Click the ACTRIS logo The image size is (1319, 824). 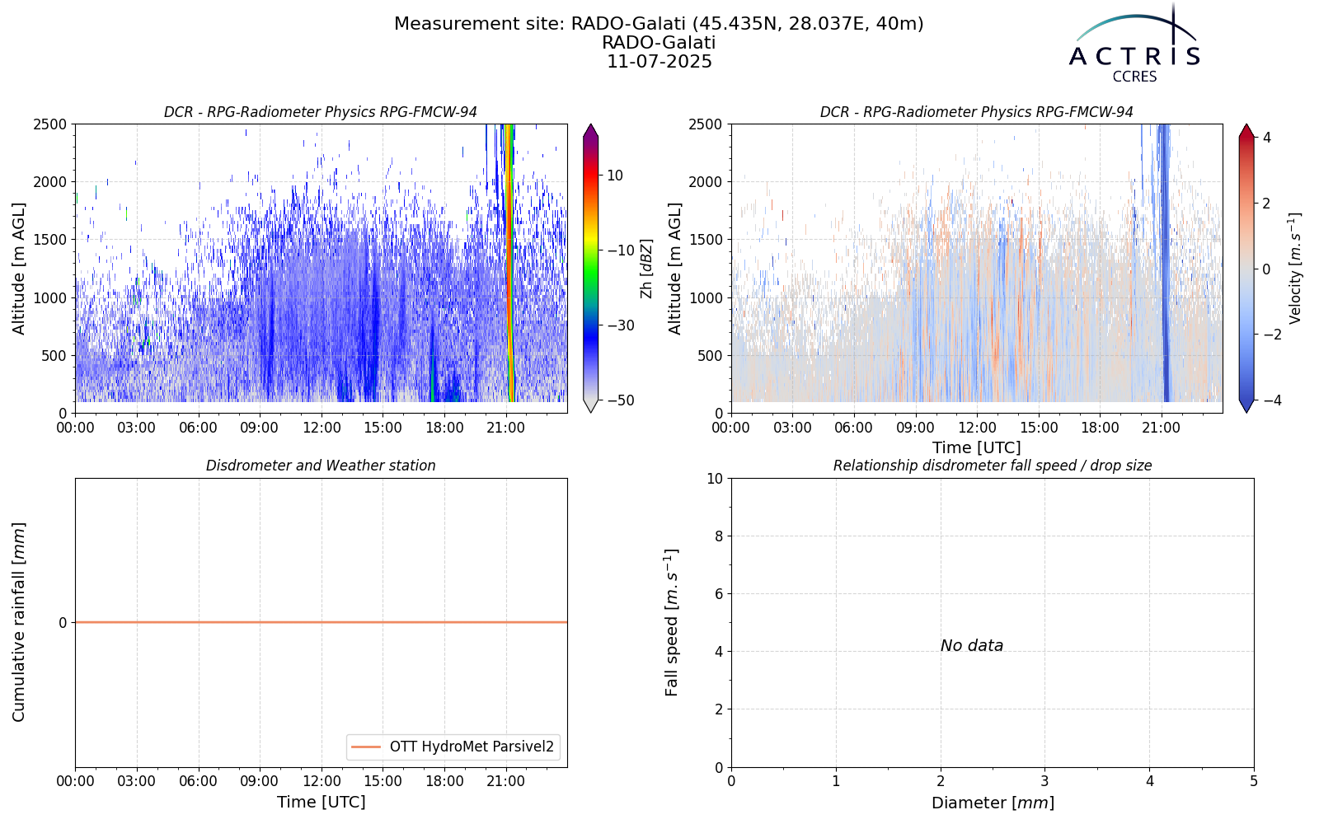tap(1134, 44)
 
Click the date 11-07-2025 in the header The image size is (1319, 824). tap(659, 62)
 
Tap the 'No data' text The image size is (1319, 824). tap(972, 646)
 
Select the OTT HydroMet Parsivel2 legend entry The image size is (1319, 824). tap(453, 747)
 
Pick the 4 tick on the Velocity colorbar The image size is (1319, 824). tap(1267, 137)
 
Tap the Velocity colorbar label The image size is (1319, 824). tap(1294, 269)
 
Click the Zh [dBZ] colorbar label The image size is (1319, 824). tap(646, 269)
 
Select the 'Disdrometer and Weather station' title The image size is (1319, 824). tap(321, 466)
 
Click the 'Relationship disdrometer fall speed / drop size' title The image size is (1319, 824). tap(993, 466)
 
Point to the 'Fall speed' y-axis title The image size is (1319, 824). tap(671, 623)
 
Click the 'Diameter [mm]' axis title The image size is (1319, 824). tap(993, 803)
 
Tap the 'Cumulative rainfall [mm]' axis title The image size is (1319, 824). tap(19, 622)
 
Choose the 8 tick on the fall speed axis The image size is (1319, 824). tap(718, 536)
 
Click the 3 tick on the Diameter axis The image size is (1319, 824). tap(1045, 781)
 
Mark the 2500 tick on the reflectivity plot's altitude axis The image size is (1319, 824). tap(50, 124)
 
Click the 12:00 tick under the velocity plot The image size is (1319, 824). tap(978, 428)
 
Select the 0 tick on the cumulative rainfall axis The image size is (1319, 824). tap(63, 623)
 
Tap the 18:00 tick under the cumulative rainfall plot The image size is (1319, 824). tap(444, 781)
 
